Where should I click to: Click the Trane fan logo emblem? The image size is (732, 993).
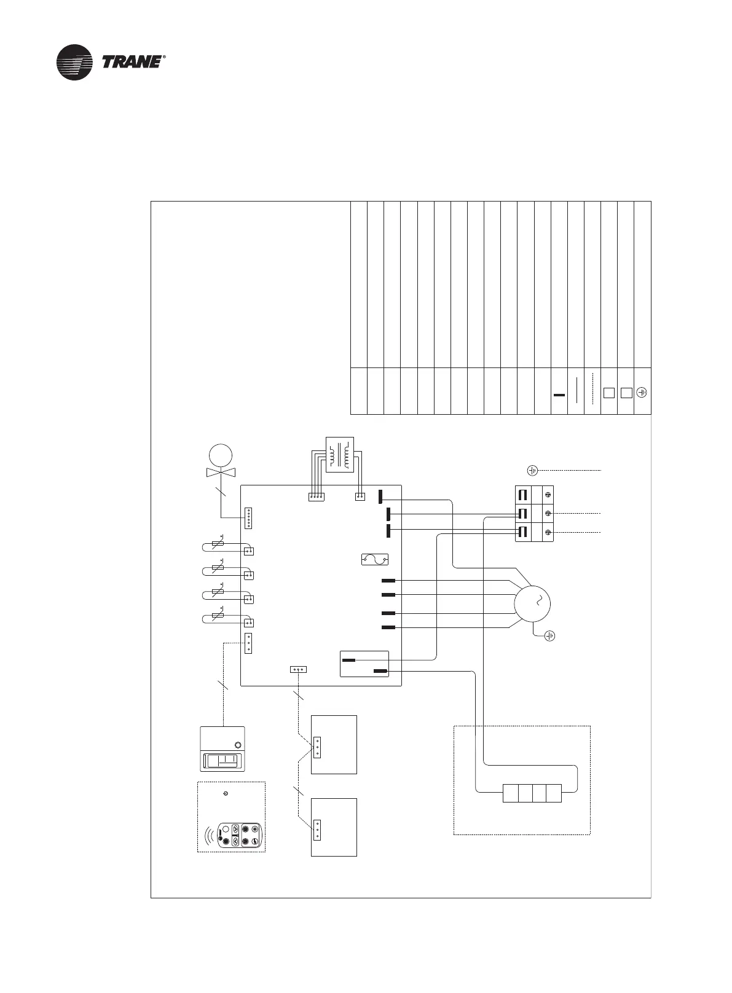(74, 62)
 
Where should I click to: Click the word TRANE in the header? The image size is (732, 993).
(132, 62)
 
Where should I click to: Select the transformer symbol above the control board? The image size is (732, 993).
(339, 454)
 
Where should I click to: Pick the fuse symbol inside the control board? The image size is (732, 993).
(374, 559)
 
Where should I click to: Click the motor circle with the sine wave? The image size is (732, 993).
(532, 603)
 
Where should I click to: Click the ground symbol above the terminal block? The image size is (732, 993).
(532, 471)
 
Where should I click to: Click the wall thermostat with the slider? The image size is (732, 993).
(222, 749)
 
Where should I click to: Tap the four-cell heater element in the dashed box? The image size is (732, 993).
(532, 793)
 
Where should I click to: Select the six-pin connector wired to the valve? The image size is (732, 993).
(249, 518)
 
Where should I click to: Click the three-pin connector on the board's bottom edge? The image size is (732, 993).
(298, 669)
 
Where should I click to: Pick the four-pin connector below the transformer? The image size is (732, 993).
(316, 497)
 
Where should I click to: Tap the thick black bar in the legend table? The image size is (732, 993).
(559, 395)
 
